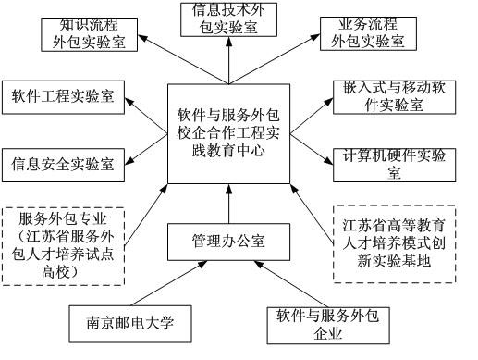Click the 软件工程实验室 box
click(62, 96)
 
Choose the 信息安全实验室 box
click(62, 165)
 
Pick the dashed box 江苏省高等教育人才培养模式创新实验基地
click(393, 244)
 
